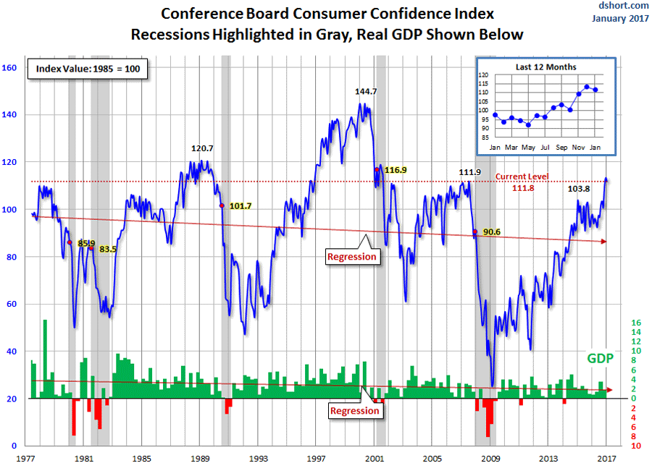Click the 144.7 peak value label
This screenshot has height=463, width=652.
pyautogui.click(x=366, y=92)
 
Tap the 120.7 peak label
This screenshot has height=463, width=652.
pyautogui.click(x=202, y=148)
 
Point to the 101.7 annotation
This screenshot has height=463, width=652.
pyautogui.click(x=241, y=206)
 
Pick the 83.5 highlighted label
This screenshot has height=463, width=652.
pyautogui.click(x=108, y=249)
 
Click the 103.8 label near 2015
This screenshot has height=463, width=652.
pyautogui.click(x=579, y=189)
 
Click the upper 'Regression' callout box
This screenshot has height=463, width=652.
pyautogui.click(x=352, y=256)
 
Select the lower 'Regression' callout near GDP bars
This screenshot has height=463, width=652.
pyautogui.click(x=354, y=411)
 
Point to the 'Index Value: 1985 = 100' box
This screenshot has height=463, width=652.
pyautogui.click(x=88, y=69)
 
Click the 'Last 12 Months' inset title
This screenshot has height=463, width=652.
pyautogui.click(x=546, y=67)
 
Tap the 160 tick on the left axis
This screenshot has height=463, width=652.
pyautogui.click(x=9, y=68)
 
